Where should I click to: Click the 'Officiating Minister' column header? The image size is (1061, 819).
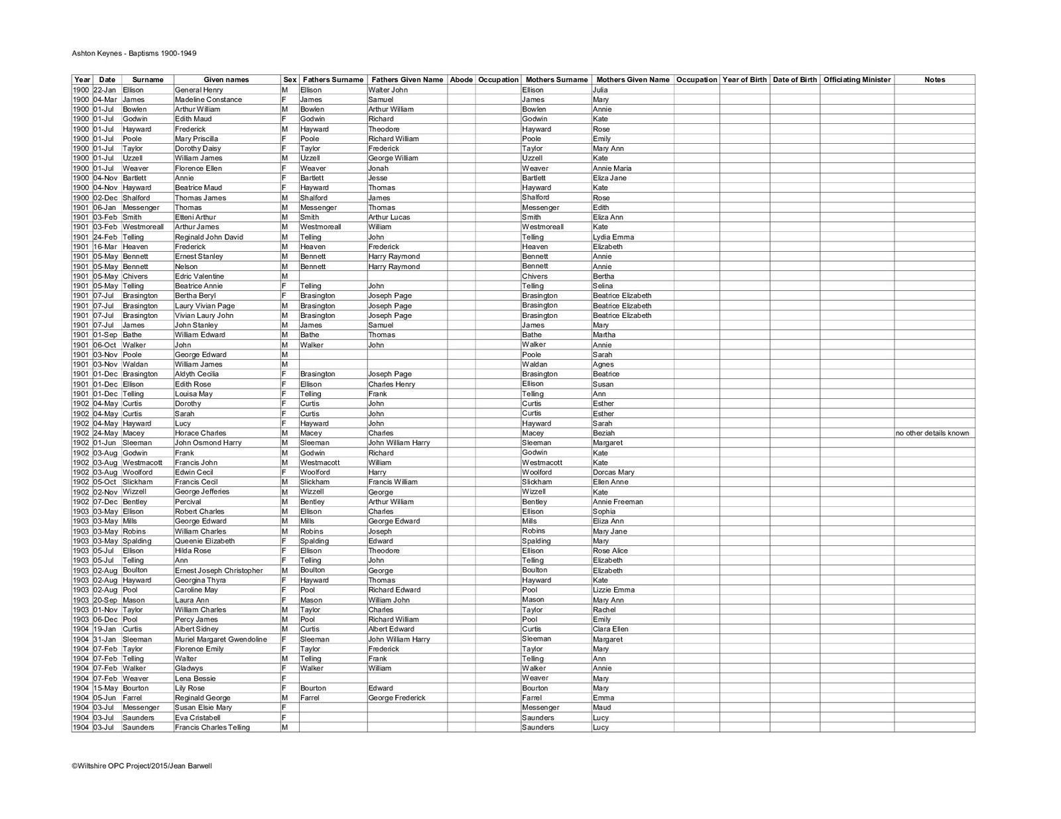(857, 80)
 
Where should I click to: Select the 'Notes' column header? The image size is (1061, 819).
(934, 80)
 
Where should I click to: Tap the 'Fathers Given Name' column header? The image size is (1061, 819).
(407, 80)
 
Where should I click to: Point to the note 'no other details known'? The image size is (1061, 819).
(932, 433)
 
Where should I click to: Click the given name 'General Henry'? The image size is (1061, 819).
(199, 89)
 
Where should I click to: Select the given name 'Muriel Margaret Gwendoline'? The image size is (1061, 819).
(221, 639)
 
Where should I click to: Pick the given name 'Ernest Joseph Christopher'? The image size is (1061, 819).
(219, 571)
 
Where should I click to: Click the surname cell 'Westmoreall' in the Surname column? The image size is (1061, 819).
(143, 227)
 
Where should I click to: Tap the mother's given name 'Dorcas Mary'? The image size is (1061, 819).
(613, 472)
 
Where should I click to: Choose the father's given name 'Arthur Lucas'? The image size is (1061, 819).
(389, 217)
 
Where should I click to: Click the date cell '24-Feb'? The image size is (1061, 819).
(104, 237)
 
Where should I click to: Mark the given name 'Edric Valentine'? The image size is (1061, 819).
(200, 276)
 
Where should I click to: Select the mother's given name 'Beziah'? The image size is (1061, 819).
(604, 433)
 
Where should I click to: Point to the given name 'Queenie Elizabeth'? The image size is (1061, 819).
(205, 541)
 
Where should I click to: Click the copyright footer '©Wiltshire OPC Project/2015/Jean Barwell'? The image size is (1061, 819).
(142, 766)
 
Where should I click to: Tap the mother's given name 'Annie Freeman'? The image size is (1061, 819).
(618, 502)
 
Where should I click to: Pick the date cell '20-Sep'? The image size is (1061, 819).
(105, 600)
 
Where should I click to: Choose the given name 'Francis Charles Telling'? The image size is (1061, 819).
(212, 728)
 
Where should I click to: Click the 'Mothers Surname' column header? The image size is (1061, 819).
(556, 80)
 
